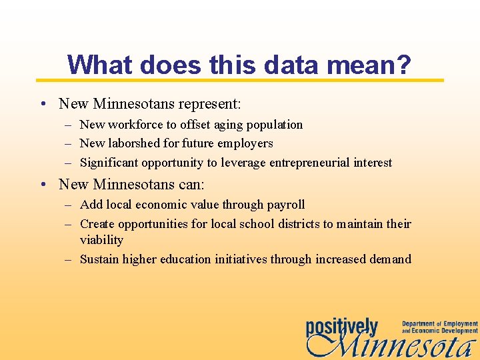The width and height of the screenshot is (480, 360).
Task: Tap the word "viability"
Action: [x=101, y=240]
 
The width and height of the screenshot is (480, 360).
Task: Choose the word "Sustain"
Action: [x=100, y=259]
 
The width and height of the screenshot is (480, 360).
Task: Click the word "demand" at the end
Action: [x=389, y=259]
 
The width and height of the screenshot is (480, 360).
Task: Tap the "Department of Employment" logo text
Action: [x=439, y=324]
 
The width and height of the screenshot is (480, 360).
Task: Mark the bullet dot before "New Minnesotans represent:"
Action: [x=42, y=104]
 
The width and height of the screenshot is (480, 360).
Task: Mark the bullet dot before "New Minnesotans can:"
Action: [x=42, y=183]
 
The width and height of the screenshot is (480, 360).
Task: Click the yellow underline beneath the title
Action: [x=240, y=80]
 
